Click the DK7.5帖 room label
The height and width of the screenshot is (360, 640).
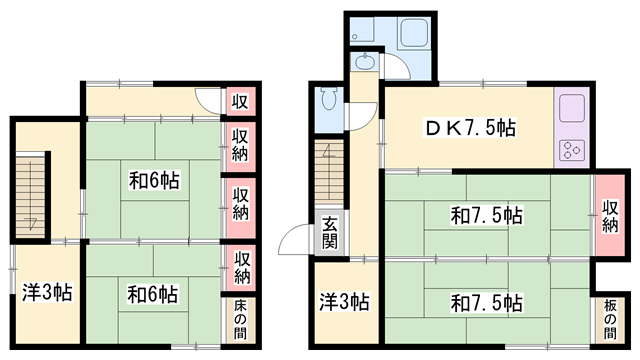pos(470,129)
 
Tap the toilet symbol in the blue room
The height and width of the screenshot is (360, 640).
pos(329,99)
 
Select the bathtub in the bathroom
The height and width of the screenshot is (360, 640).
pos(414,33)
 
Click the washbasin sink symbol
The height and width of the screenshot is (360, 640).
pos(364,62)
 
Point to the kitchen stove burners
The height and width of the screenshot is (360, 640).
pos(571,150)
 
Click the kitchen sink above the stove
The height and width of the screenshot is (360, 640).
pos(572,108)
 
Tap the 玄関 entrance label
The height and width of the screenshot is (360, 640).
pos(330,232)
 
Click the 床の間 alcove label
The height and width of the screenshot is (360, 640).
pos(240,319)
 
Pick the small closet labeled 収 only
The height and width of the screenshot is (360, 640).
pos(240,101)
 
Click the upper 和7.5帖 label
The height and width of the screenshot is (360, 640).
pos(486,215)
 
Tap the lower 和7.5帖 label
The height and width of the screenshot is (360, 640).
pos(486,303)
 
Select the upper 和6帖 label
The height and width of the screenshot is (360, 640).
pos(154,180)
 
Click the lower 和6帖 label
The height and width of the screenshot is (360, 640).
pos(153,294)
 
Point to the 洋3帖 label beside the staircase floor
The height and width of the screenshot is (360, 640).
pos(47,292)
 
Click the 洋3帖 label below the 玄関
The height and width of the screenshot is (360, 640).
pos(344,302)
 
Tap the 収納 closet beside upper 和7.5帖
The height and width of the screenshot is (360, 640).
pos(610,215)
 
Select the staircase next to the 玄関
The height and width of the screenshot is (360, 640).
pos(329,171)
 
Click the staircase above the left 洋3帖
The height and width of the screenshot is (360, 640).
pos(31,194)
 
